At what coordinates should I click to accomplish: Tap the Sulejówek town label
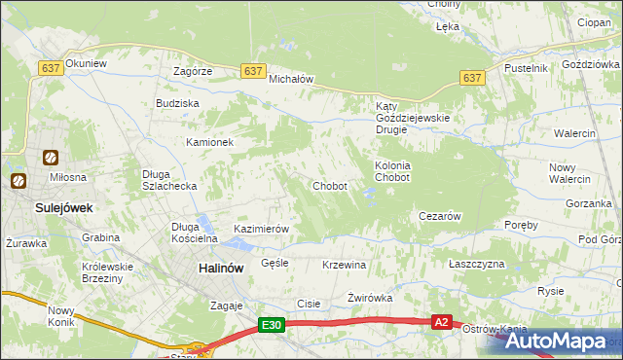(x=35, y=207)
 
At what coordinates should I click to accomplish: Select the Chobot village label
(x=329, y=186)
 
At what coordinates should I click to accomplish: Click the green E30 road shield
(x=272, y=327)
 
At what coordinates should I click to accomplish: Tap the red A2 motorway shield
(x=442, y=322)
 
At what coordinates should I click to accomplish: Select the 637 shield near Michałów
(x=253, y=71)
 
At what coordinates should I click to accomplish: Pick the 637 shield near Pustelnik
(x=472, y=78)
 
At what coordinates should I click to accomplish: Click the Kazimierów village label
(x=262, y=229)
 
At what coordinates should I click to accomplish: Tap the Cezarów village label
(x=438, y=216)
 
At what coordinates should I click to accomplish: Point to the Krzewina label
(x=344, y=265)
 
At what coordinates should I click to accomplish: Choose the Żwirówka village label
(x=369, y=298)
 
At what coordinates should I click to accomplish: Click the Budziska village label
(x=177, y=102)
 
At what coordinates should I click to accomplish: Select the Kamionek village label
(x=210, y=142)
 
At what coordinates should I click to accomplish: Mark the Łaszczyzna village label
(x=477, y=264)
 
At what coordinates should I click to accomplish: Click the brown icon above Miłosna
(x=50, y=157)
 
